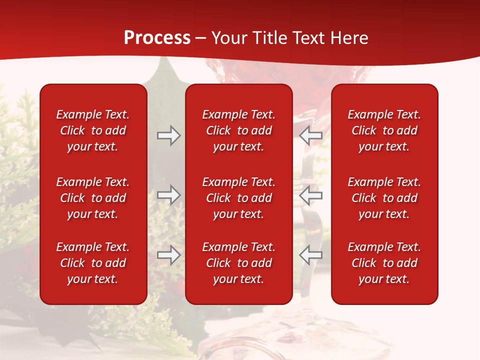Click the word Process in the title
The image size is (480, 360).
point(157,38)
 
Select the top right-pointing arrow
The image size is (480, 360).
point(168,135)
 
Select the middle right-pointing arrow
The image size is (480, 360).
point(168,195)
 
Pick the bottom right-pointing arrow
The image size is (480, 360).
point(168,255)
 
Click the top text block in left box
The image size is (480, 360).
point(93,130)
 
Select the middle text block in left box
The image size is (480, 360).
point(93,198)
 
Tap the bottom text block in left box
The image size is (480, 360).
point(93,263)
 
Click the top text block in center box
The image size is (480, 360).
point(239,130)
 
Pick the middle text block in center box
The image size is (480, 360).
point(239,198)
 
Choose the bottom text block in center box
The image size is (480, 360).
point(239,263)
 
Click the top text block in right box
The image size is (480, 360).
point(384,130)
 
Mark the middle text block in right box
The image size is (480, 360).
point(384,198)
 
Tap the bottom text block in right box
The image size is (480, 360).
point(384,263)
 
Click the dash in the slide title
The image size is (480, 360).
point(201,38)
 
